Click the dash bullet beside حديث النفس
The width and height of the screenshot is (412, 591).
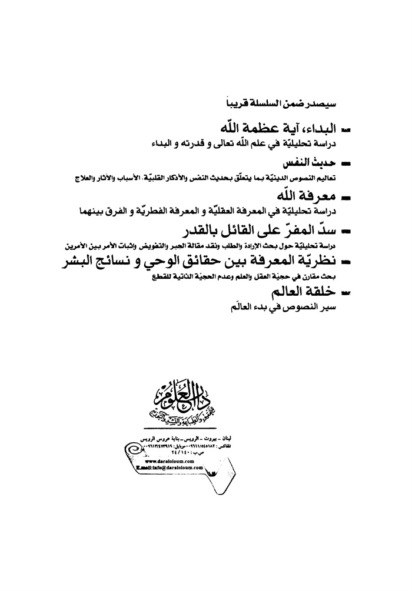(346, 161)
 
